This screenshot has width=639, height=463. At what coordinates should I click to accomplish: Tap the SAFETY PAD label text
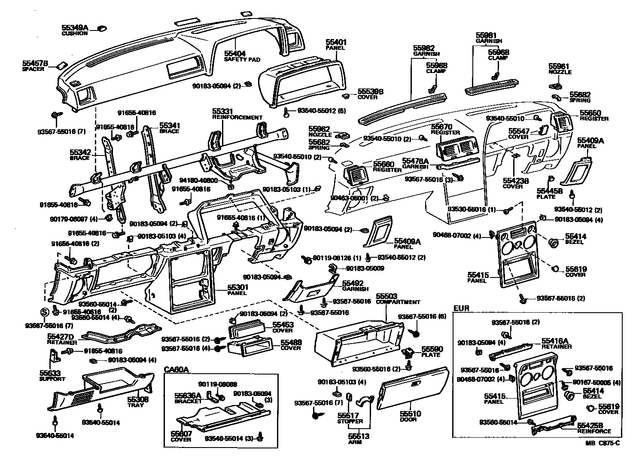[x=242, y=60]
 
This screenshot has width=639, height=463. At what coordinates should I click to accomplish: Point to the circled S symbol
[x=45, y=312]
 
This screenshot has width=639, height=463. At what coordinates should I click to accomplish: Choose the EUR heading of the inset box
[x=461, y=308]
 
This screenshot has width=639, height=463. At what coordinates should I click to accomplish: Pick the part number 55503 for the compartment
[x=386, y=296]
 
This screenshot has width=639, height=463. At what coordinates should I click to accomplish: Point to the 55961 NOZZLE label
[x=560, y=69]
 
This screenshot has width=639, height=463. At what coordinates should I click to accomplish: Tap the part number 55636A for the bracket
[x=188, y=395]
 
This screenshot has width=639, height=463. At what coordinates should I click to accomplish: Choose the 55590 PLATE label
[x=431, y=352]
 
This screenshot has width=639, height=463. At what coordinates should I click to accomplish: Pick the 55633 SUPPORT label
[x=52, y=376]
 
